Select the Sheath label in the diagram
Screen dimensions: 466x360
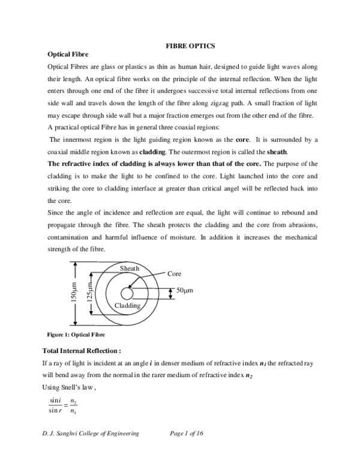pos(130,268)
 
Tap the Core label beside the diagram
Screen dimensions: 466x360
pos(174,274)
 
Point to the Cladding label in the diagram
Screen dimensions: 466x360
pos(127,306)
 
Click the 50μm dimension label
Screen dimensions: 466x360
pos(184,291)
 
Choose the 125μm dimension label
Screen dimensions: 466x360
pos(88,294)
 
